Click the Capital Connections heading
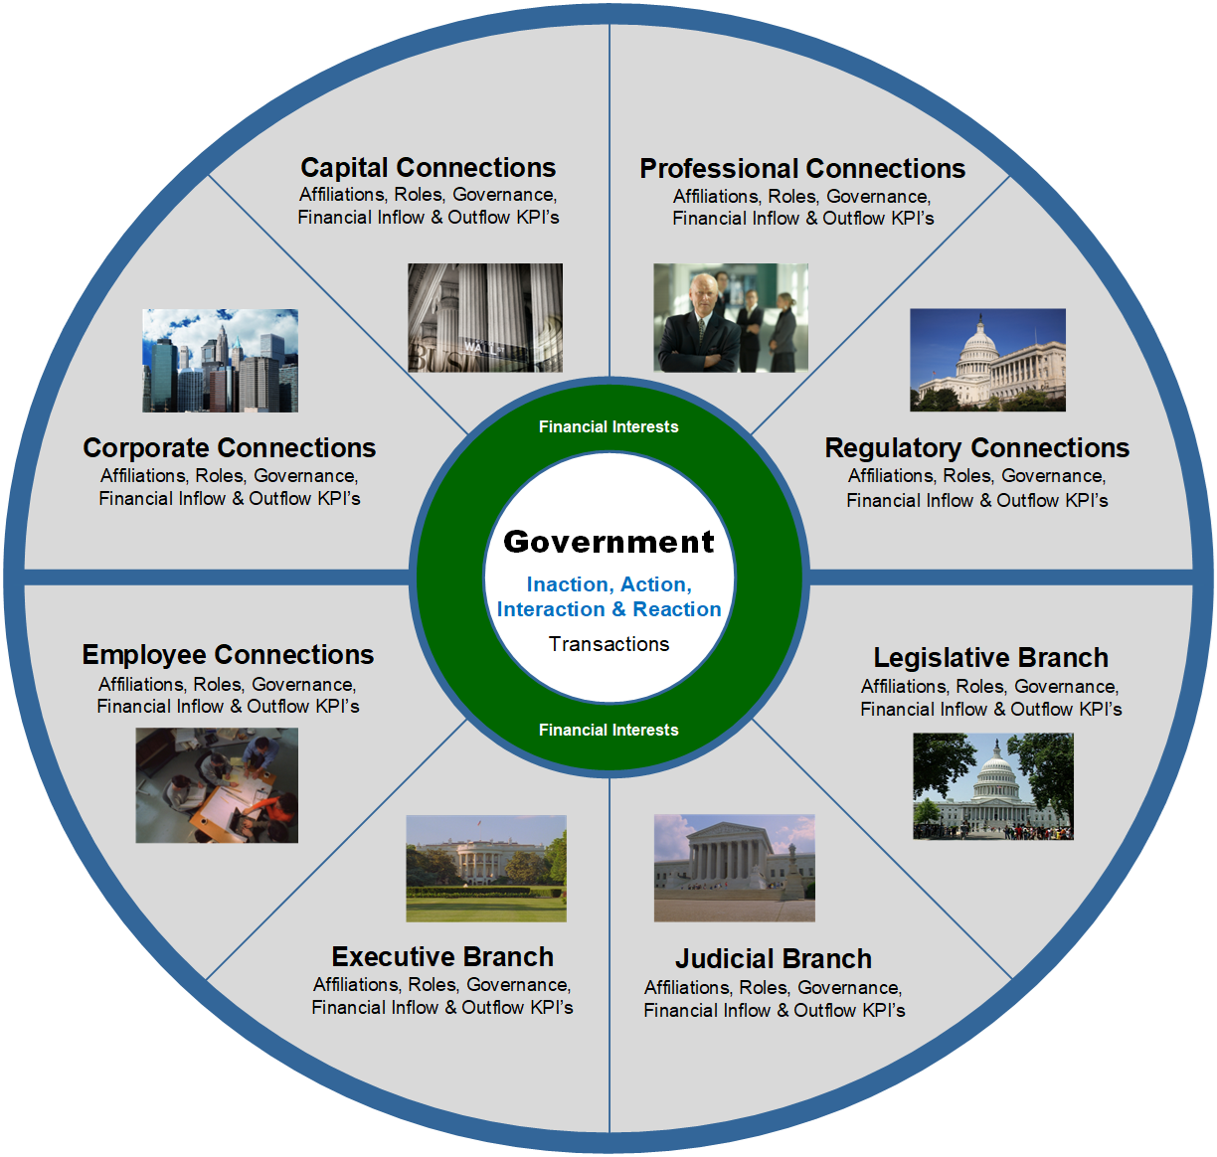coord(428,167)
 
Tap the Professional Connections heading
coord(802,168)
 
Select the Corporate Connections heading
coord(230,448)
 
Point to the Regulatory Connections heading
coord(977,448)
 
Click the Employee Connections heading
coord(228,655)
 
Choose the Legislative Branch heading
coord(990,658)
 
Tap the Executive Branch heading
coord(442,957)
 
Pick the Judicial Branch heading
coord(774,959)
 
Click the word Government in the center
coord(608,542)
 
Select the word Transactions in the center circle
coord(608,644)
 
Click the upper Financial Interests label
coord(608,427)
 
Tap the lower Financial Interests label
coord(608,730)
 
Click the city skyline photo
coord(220,360)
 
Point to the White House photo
coord(486,869)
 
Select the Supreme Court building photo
coord(734,868)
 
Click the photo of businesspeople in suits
coord(731,318)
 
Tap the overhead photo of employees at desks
coord(217,785)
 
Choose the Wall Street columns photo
coord(485,318)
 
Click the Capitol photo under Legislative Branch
coord(993,786)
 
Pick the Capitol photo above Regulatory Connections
coord(987,360)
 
